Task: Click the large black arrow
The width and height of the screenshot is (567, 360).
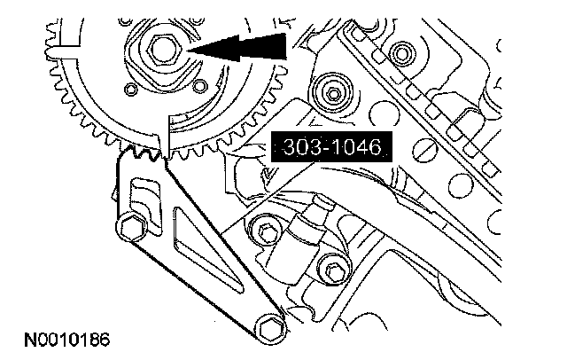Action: [x=237, y=47]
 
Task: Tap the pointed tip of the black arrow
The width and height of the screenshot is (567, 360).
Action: [x=188, y=51]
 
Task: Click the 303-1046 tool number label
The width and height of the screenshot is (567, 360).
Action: [x=331, y=146]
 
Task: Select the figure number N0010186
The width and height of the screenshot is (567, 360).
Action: [x=67, y=340]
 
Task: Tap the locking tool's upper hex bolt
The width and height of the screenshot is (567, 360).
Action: [x=132, y=228]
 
